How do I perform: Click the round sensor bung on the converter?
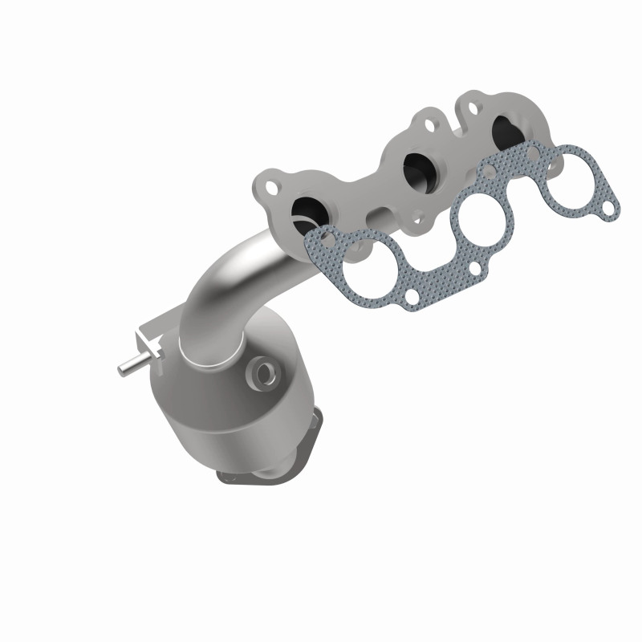coord(262,371)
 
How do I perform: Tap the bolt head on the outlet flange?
coord(321,426)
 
